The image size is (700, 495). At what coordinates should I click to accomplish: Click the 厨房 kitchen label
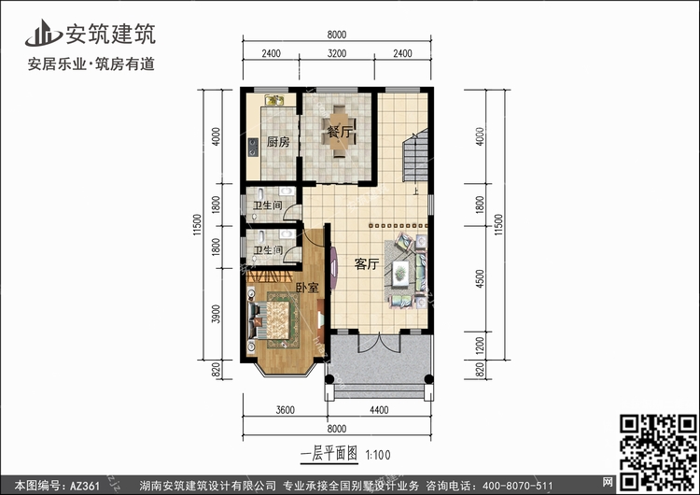278,142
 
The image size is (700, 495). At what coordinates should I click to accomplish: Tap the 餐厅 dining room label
340,132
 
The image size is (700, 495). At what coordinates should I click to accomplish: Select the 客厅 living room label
367,264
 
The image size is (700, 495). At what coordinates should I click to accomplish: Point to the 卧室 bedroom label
308,288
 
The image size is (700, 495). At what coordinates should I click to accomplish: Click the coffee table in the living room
400,273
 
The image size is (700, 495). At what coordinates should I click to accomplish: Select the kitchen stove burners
253,148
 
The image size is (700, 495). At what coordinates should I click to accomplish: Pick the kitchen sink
274,100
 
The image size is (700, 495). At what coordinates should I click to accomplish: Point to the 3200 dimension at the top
337,53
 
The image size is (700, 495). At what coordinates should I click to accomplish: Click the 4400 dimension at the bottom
379,410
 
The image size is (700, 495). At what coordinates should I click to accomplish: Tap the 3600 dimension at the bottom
286,410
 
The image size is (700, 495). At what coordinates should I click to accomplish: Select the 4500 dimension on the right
480,278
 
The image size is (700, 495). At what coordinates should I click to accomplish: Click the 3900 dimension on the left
217,314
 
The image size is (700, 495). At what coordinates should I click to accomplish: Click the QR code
658,453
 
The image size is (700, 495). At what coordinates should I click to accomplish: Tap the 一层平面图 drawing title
329,454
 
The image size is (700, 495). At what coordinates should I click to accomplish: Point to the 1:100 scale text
378,455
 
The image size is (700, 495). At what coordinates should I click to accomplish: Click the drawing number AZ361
85,486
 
